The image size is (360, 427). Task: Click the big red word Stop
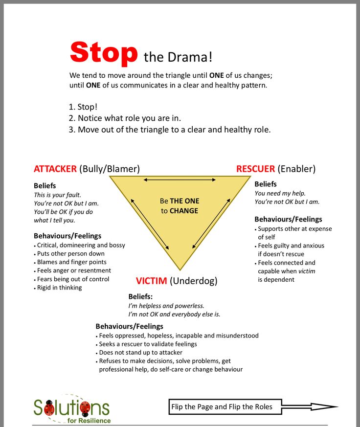[104, 53]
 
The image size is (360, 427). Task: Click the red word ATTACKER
[55, 169]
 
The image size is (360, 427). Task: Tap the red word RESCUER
[255, 169]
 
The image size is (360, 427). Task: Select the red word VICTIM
[152, 281]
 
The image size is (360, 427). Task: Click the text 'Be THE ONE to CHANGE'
[180, 206]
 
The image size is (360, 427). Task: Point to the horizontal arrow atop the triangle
[180, 180]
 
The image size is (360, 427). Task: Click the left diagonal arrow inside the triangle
[150, 224]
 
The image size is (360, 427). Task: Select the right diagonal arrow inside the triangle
[211, 224]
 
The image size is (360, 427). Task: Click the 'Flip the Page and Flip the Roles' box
[225, 407]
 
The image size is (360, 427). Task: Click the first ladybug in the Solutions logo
[49, 407]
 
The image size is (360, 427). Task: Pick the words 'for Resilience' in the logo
[89, 421]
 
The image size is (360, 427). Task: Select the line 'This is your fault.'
[57, 195]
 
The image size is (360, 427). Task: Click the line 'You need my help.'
[280, 193]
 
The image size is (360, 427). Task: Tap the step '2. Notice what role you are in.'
[125, 118]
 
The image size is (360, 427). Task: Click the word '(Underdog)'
[194, 281]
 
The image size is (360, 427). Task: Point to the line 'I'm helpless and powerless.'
[166, 306]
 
